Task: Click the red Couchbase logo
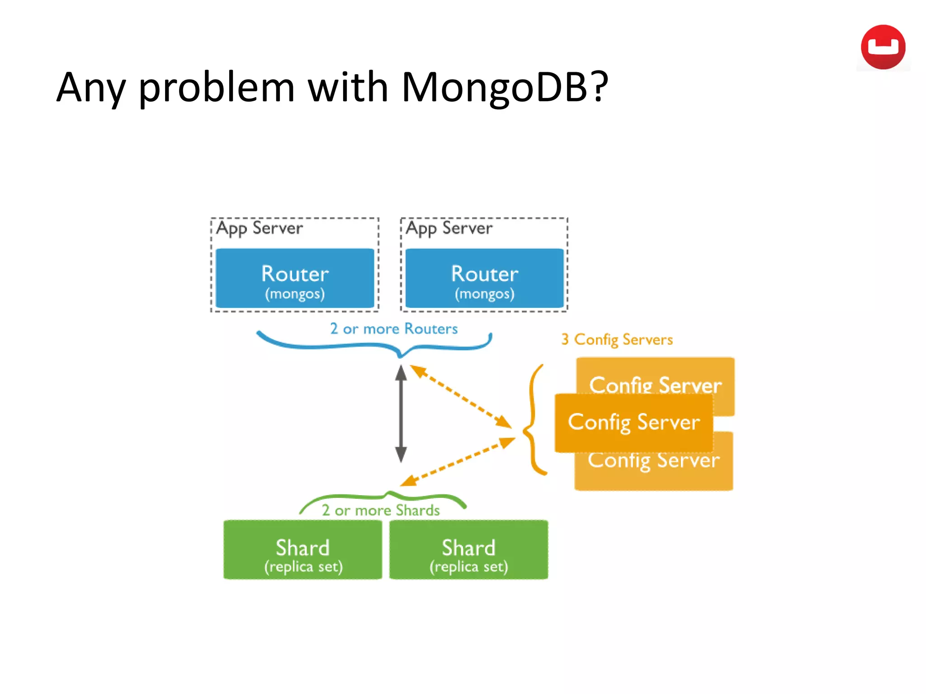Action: pyautogui.click(x=883, y=47)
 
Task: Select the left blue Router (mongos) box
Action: pyautogui.click(x=295, y=278)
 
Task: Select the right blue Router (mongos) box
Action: pyautogui.click(x=484, y=278)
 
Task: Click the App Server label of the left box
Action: pyautogui.click(x=260, y=228)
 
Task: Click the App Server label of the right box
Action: pyautogui.click(x=449, y=228)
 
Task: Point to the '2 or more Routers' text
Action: pyautogui.click(x=393, y=328)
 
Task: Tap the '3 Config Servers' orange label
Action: pyautogui.click(x=617, y=339)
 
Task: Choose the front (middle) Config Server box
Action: pyautogui.click(x=633, y=422)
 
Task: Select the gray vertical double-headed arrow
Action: pyautogui.click(x=401, y=413)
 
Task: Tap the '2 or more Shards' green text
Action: pyautogui.click(x=380, y=510)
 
